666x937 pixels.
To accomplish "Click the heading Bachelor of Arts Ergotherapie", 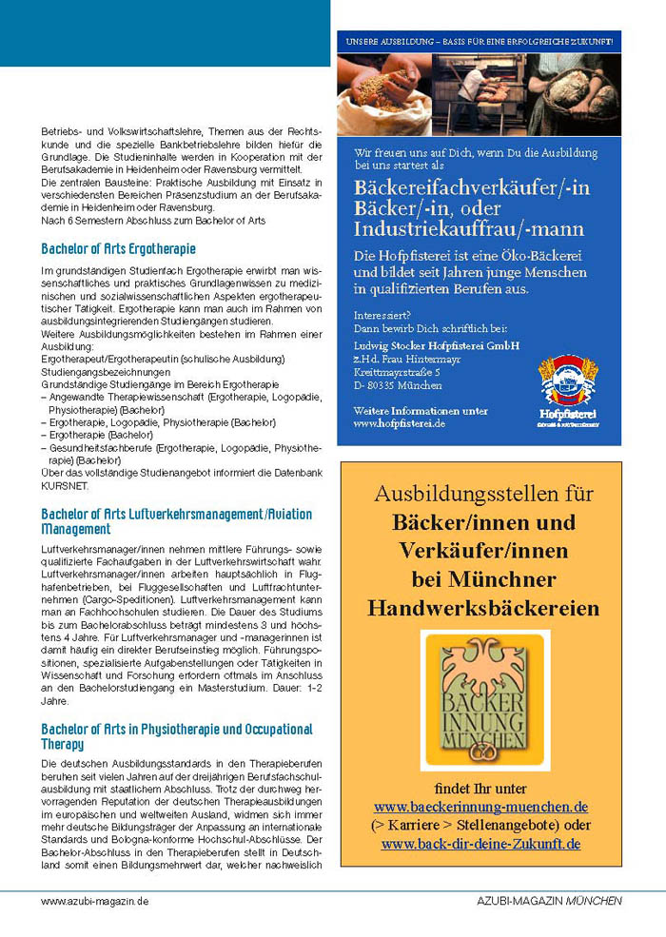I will click(x=118, y=249).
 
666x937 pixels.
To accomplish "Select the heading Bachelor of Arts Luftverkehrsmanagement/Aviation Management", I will click(x=176, y=521).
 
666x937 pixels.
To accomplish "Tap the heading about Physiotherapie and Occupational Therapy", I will click(x=176, y=736).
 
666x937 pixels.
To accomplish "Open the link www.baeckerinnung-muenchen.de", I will click(x=480, y=807).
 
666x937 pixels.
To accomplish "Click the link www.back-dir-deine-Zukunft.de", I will click(x=480, y=843).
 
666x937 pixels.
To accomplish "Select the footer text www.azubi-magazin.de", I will click(x=94, y=900).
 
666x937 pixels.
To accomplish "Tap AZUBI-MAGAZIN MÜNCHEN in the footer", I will click(x=550, y=900).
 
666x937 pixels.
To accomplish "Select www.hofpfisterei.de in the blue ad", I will click(x=399, y=422).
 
